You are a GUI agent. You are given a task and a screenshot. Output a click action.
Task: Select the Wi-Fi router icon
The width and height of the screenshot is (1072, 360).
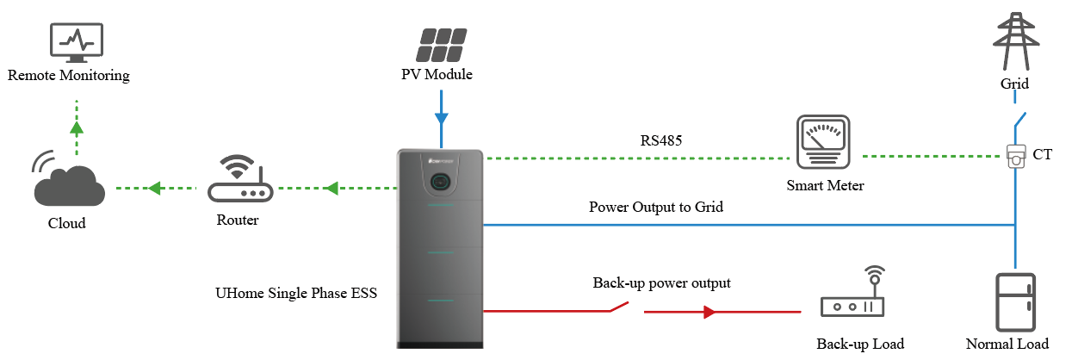click(x=237, y=181)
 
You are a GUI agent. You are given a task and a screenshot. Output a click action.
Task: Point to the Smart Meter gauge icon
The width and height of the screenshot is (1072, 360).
click(x=822, y=142)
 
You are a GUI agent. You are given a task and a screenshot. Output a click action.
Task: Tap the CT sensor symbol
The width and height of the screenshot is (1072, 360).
click(x=1016, y=157)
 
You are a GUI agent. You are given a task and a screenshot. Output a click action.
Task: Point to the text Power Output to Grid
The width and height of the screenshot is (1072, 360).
click(x=656, y=207)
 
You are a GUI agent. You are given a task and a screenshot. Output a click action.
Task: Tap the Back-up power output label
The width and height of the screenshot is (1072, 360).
click(x=661, y=282)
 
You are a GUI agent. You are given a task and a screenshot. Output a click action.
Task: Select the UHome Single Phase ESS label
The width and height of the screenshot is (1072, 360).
click(x=296, y=293)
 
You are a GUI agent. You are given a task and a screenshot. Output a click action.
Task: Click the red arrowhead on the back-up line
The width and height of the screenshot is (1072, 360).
click(x=710, y=313)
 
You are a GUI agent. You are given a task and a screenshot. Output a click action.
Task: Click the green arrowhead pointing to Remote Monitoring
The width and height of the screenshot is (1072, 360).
click(x=77, y=128)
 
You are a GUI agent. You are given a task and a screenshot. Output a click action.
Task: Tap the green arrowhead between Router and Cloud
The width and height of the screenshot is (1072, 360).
click(x=155, y=188)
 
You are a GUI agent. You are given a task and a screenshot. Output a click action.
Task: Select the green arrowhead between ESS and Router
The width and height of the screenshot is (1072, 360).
click(x=331, y=188)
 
